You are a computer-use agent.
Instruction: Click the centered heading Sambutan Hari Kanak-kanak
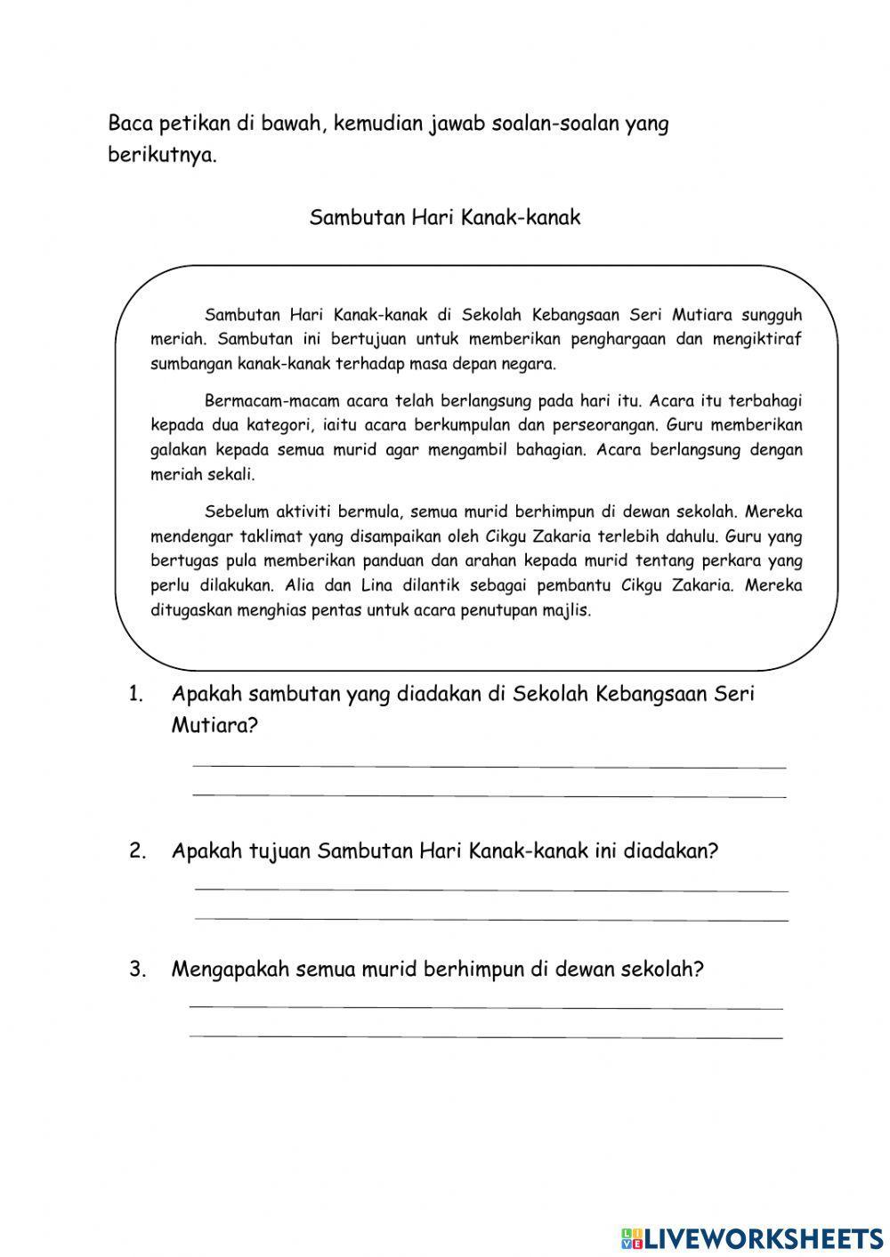coord(444,217)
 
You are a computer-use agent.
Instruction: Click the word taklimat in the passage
coord(271,536)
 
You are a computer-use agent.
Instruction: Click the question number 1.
coord(135,694)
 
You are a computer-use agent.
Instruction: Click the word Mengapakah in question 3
coord(231,970)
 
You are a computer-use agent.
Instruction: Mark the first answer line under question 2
coord(490,889)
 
